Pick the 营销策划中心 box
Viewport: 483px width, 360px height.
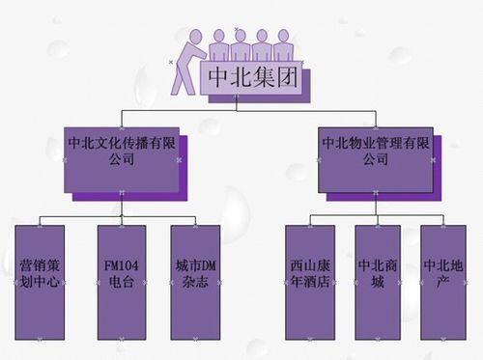(x=42, y=283)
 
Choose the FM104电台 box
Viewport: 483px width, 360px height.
(x=122, y=283)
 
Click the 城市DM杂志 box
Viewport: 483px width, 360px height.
(x=194, y=283)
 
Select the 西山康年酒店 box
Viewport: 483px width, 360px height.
(x=310, y=283)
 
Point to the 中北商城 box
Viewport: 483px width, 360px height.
(x=378, y=283)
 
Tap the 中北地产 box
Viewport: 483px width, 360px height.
(x=443, y=283)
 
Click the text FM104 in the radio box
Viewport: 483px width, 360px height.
(x=122, y=263)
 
